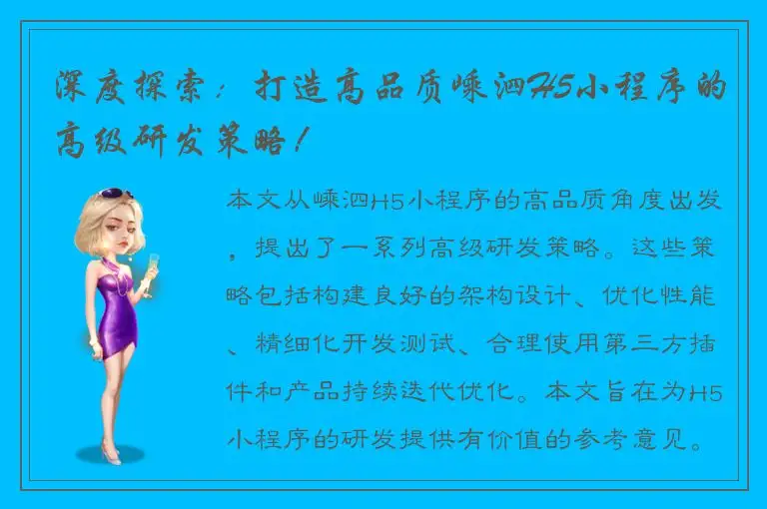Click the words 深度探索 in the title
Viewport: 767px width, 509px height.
click(x=123, y=87)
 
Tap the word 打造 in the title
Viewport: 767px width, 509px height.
click(x=280, y=87)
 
